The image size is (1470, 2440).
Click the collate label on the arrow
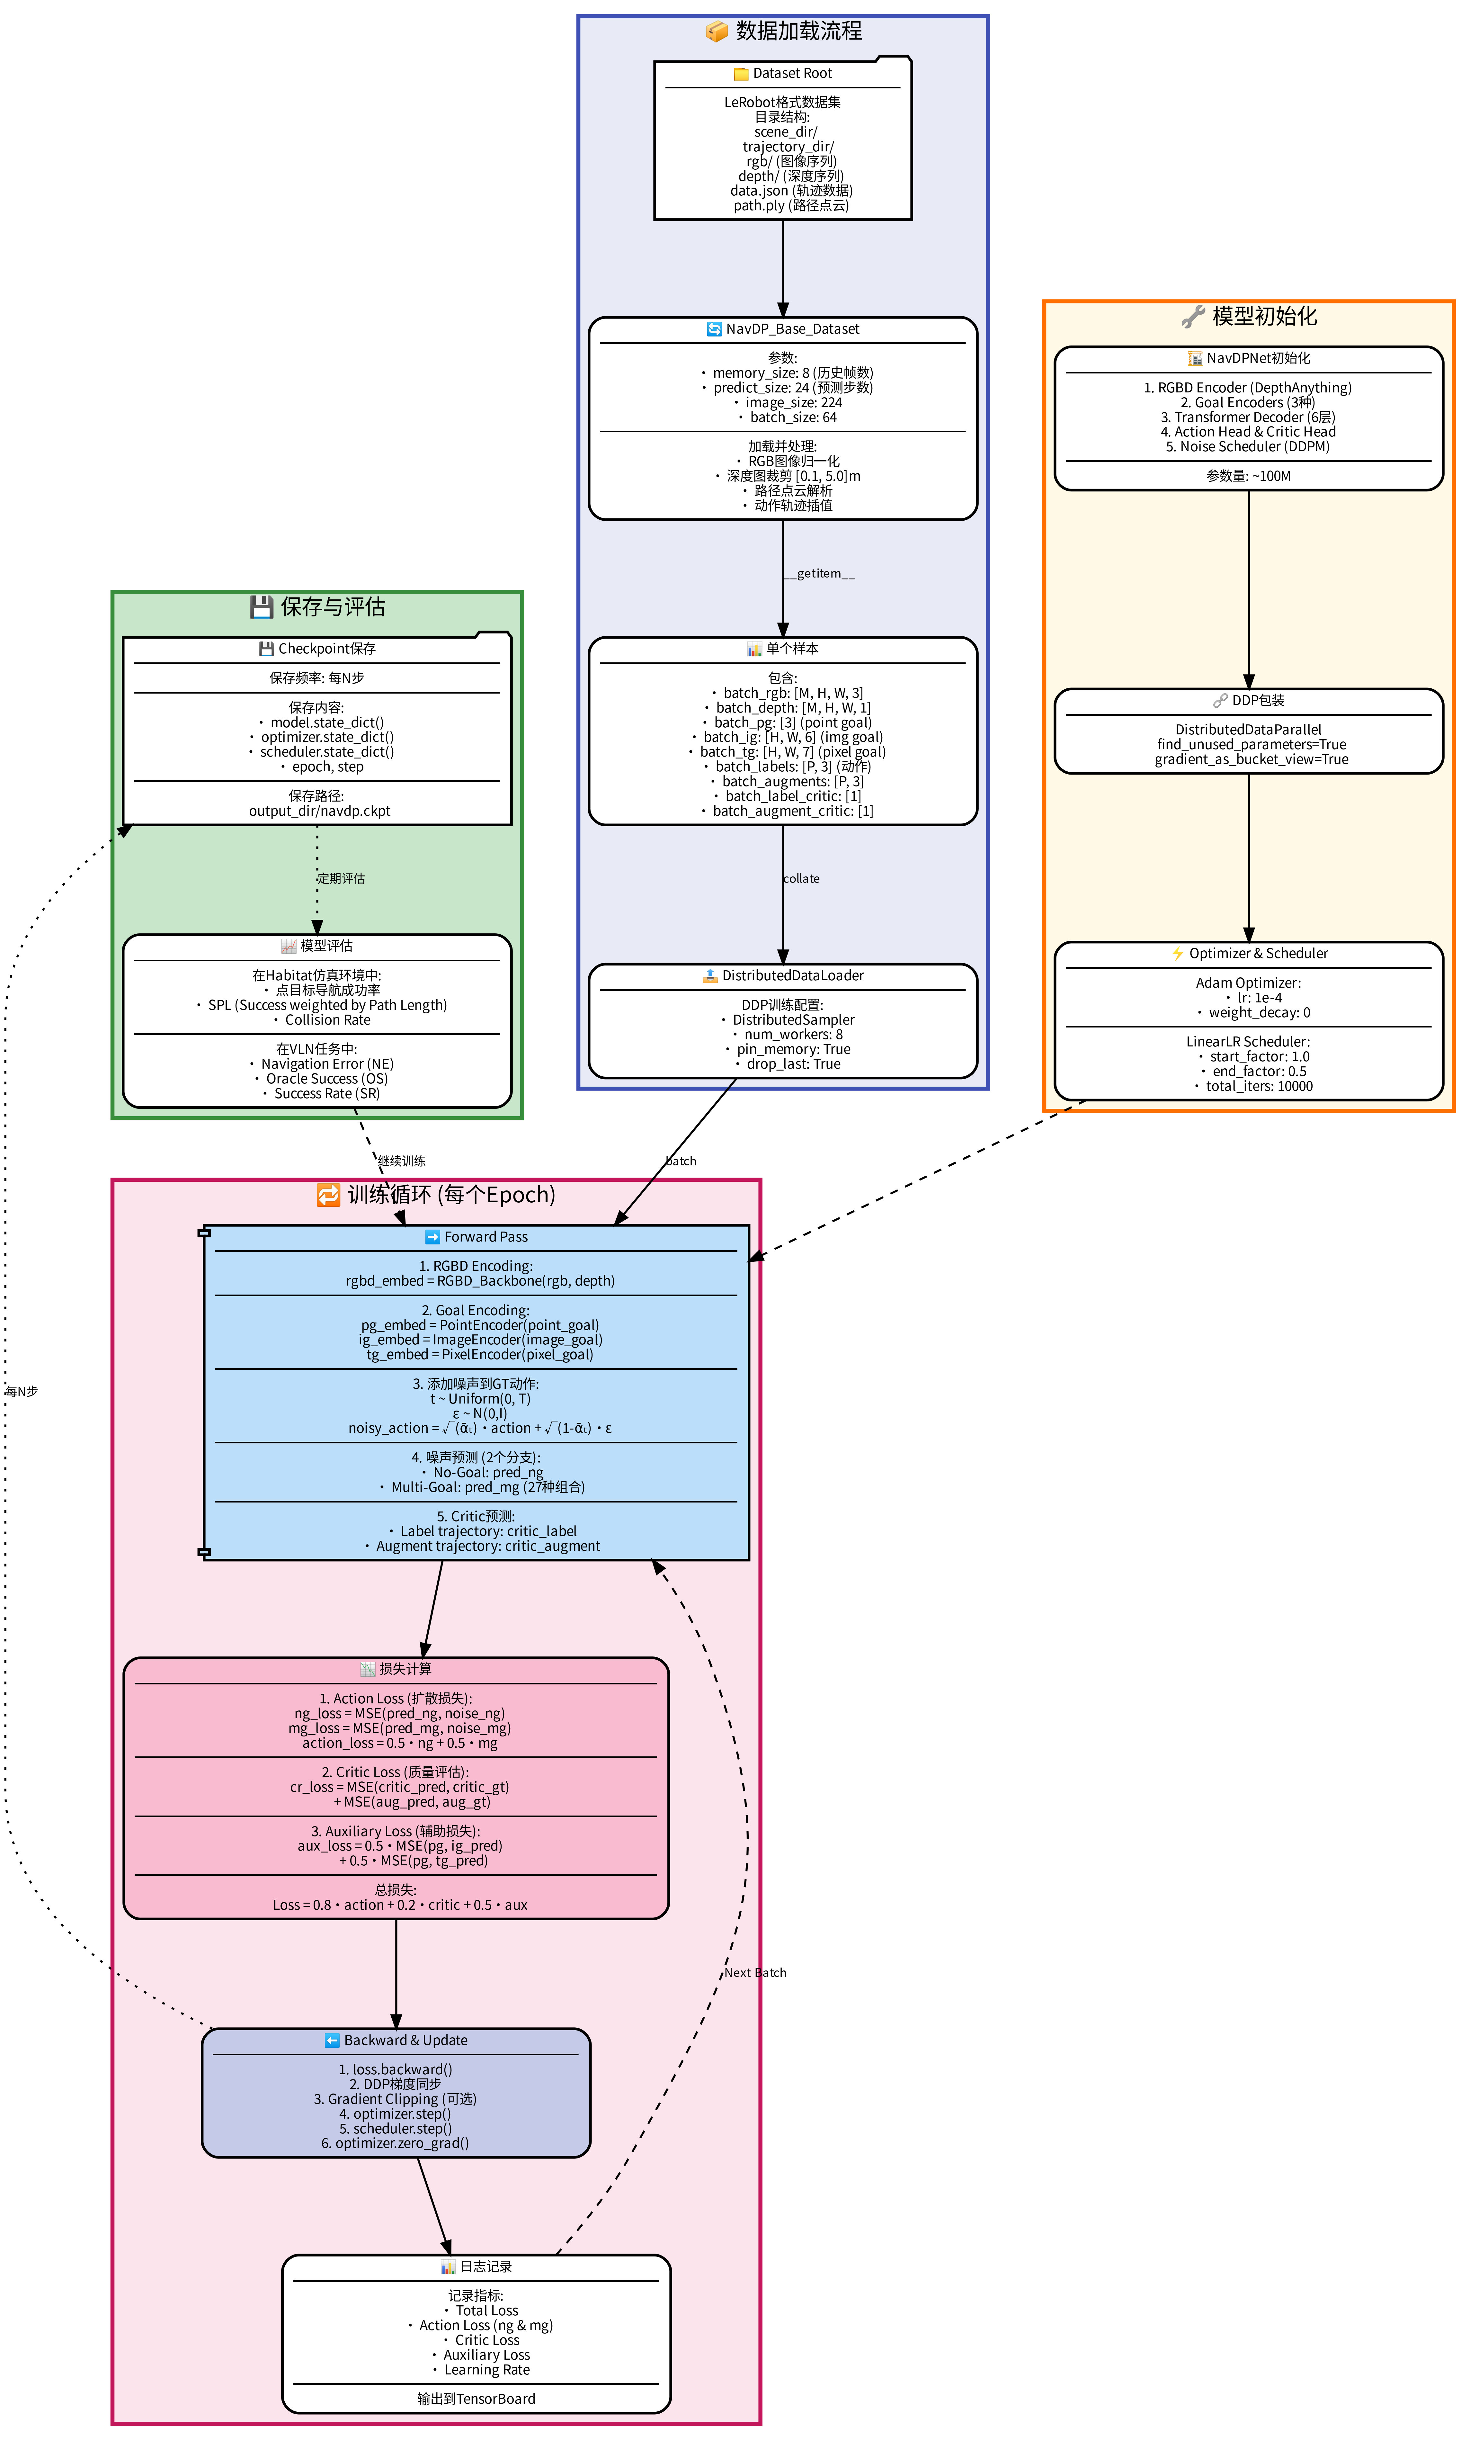(x=801, y=878)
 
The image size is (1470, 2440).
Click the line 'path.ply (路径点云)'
(x=791, y=206)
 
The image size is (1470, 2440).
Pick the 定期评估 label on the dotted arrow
(x=342, y=878)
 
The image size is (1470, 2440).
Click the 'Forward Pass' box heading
(x=485, y=1237)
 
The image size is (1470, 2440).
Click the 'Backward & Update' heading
(x=405, y=2040)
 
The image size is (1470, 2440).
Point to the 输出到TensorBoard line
(x=476, y=2399)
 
